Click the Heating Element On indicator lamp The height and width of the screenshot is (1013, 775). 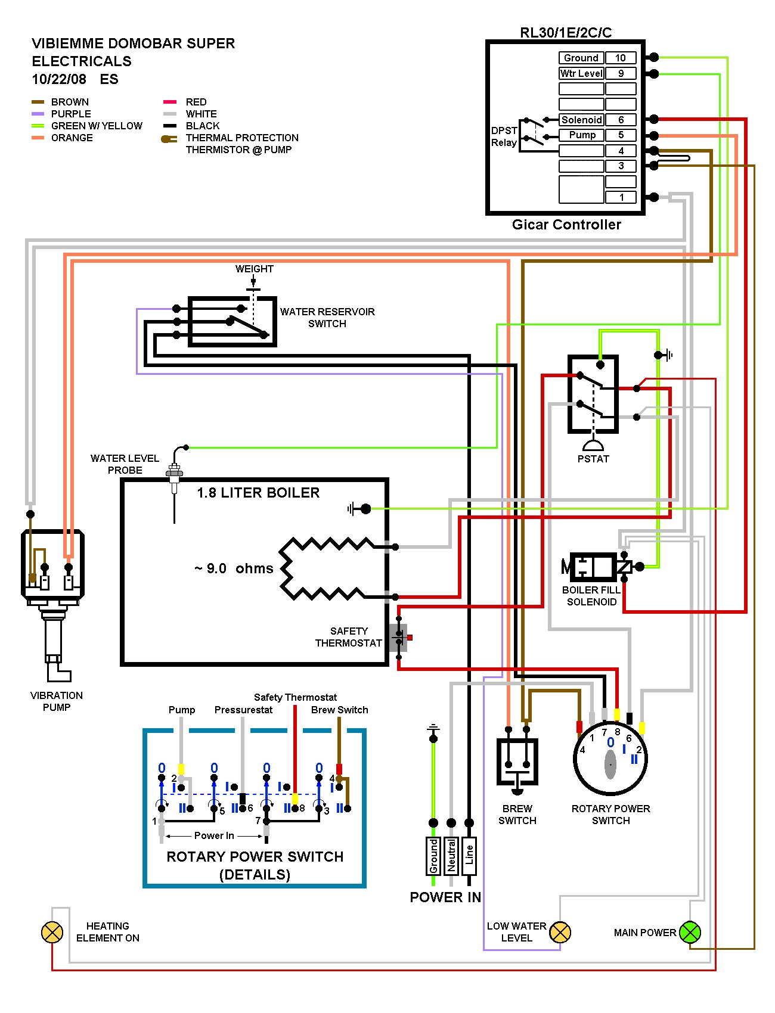52,932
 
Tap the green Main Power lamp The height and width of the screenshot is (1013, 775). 690,932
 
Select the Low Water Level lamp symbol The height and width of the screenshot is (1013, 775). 560,932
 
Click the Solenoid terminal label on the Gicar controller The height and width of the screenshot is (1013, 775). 581,120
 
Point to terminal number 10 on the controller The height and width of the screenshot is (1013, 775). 621,58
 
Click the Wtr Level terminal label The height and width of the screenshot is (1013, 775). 581,73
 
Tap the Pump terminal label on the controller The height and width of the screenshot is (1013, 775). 581,135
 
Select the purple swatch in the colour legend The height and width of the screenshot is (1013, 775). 38,114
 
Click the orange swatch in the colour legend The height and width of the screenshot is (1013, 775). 38,138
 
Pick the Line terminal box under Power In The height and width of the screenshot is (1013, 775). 469,856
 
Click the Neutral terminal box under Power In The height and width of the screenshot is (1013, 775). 451,856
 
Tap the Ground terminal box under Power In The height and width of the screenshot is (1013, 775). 433,856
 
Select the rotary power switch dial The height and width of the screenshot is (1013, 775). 610,760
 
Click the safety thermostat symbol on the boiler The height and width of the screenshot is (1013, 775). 399,638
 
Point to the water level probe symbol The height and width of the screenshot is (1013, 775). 174,477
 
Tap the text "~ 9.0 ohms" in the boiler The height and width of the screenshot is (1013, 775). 234,568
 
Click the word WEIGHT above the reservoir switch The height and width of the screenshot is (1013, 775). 254,269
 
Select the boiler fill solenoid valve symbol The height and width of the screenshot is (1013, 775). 599,567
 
